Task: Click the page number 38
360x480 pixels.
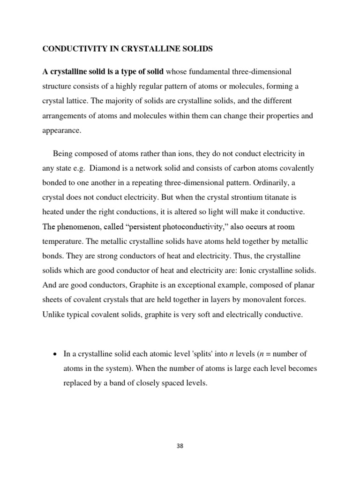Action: (x=180, y=446)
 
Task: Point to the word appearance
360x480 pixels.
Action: (x=62, y=131)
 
